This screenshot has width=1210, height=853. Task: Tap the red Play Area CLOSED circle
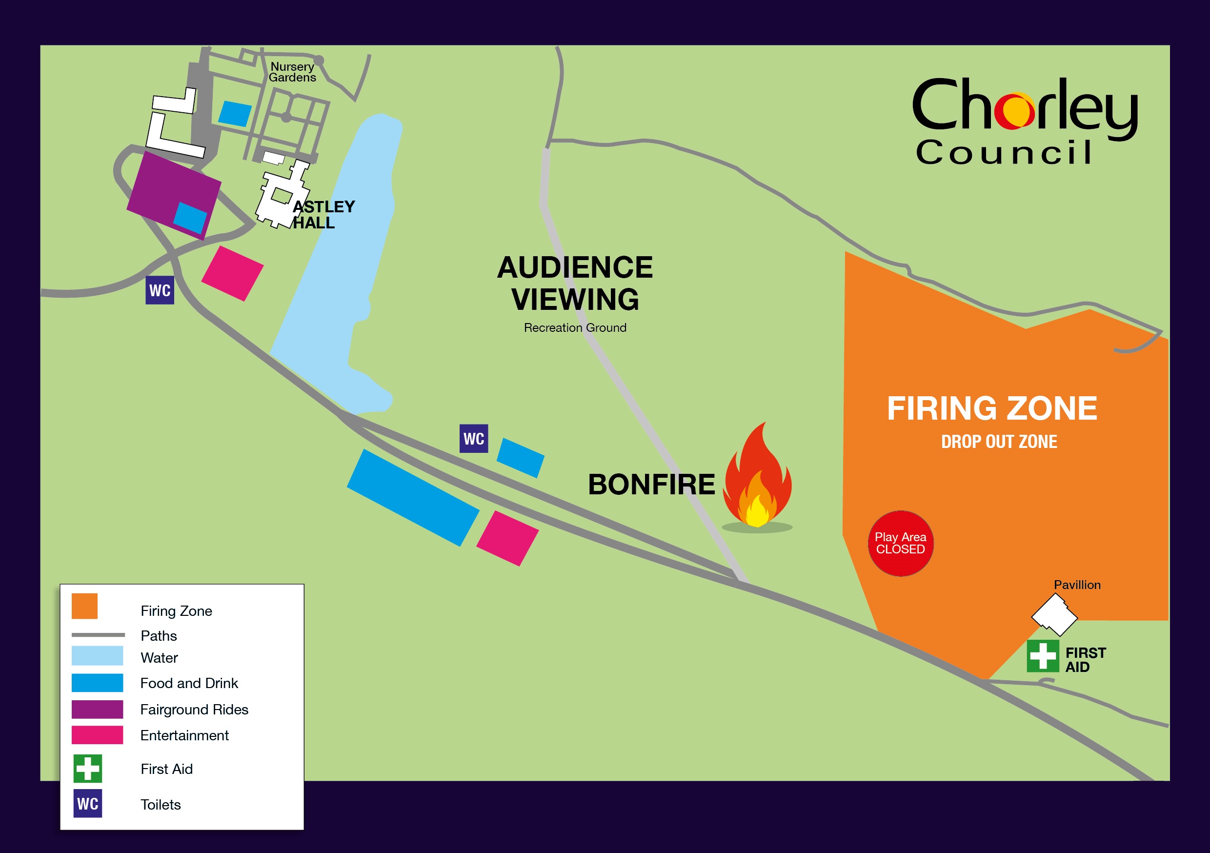pos(900,543)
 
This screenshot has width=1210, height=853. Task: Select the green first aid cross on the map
pos(1043,656)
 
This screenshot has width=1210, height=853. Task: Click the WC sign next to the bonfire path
pos(473,439)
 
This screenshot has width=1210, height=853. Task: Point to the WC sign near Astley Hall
pos(160,290)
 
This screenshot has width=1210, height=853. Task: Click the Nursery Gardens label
pos(292,72)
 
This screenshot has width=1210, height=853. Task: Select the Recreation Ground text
pos(575,328)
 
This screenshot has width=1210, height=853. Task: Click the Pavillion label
pos(1077,585)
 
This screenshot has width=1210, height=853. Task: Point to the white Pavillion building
pos(1054,614)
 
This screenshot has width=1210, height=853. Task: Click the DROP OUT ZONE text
pos(999,442)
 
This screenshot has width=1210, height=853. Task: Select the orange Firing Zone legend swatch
pos(84,606)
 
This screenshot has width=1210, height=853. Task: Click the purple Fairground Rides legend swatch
pos(97,709)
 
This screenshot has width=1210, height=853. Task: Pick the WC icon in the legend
pos(87,803)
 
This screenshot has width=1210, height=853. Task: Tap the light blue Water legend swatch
pos(97,656)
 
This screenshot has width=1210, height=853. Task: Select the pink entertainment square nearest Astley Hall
pos(232,273)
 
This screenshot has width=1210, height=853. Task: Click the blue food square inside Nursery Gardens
pos(235,114)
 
